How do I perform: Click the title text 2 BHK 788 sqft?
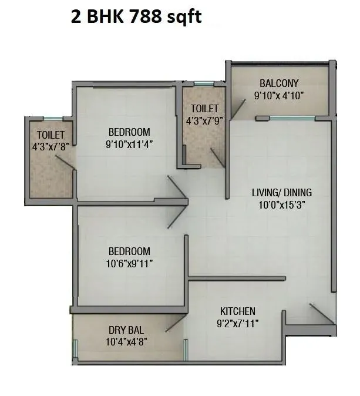point(136,17)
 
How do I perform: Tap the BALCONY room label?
point(280,83)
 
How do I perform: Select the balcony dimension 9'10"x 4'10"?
point(280,95)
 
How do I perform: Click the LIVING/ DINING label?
point(282,193)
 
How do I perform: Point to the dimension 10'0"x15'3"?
point(282,205)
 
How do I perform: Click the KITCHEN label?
point(237,311)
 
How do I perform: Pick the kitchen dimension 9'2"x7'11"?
point(237,323)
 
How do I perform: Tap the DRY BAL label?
point(126,330)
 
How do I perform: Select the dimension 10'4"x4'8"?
point(126,341)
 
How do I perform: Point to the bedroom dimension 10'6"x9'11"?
point(129,264)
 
